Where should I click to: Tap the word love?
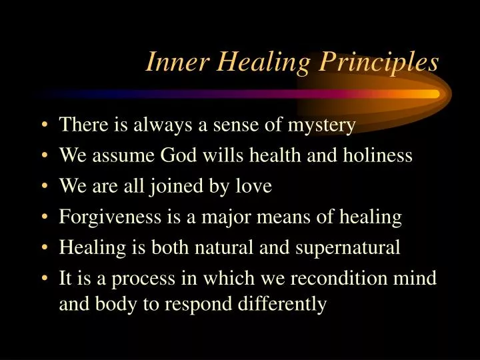[253, 186]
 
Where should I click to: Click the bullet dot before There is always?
[44, 125]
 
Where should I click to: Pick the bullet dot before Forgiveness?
[44, 217]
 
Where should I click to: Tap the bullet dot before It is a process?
[44, 279]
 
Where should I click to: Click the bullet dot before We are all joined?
[44, 187]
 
